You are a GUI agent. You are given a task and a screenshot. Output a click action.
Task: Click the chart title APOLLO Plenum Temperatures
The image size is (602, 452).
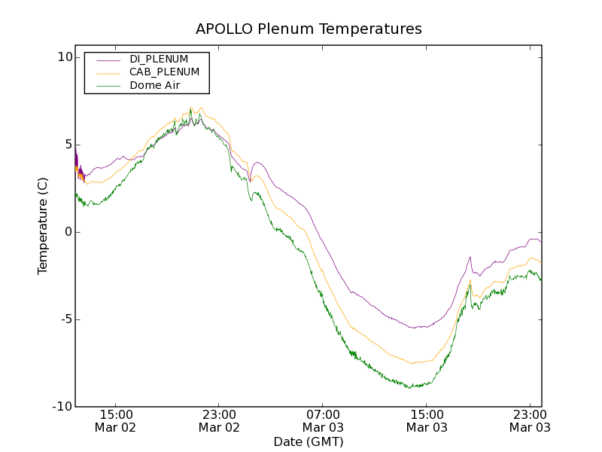309,29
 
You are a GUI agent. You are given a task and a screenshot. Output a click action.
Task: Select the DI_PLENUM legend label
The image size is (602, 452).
159,59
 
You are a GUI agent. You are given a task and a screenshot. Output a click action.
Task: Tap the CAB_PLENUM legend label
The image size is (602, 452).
164,72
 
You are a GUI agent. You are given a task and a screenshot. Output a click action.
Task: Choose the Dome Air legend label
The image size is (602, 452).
154,86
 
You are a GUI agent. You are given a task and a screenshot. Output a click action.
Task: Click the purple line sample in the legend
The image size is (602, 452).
106,59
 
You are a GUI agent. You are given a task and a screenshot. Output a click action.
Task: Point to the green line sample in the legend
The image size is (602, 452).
106,86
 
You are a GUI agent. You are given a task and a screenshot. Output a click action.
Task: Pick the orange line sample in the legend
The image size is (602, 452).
106,72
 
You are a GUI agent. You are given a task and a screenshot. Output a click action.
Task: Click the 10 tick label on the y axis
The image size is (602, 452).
63,57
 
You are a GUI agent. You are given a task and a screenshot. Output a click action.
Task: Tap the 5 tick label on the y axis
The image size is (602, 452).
67,145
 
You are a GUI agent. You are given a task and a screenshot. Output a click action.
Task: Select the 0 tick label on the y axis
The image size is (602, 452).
67,232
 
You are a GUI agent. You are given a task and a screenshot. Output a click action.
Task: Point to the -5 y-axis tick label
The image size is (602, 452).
65,319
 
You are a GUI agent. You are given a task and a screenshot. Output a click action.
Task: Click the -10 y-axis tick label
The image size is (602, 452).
62,407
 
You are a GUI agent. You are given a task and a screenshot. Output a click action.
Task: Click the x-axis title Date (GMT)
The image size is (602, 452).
309,441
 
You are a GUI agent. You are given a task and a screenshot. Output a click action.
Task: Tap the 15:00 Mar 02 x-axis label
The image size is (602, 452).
116,420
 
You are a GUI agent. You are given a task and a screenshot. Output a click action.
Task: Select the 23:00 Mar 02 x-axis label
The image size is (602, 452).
219,420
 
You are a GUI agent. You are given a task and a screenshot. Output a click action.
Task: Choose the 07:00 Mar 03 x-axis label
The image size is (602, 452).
323,420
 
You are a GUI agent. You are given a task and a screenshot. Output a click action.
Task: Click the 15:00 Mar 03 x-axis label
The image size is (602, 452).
427,420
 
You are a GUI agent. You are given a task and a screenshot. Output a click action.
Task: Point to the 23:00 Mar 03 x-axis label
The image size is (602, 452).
530,420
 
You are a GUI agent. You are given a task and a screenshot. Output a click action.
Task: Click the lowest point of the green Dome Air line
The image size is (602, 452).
410,388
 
